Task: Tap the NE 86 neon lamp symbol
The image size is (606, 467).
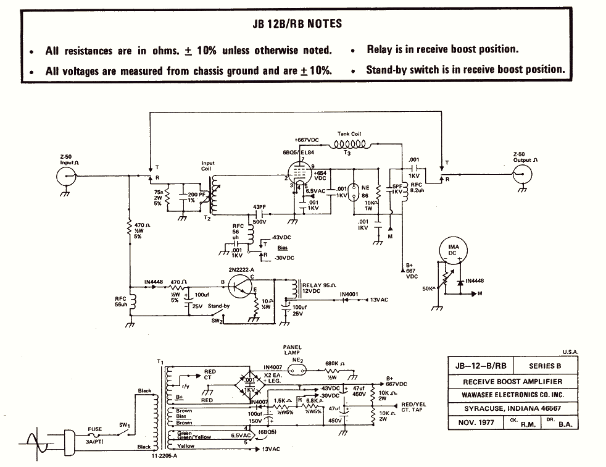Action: [x=354, y=191]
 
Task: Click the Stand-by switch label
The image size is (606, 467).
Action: [x=220, y=305]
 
